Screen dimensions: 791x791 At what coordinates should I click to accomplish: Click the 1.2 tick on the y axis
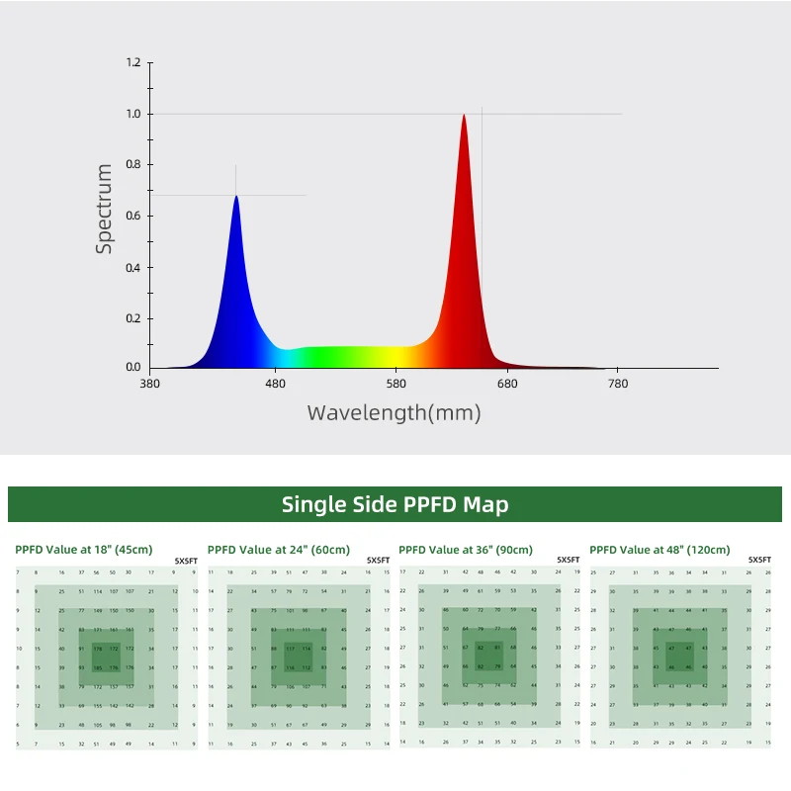pyautogui.click(x=133, y=63)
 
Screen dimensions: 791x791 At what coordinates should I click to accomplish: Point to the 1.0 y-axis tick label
pyautogui.click(x=133, y=114)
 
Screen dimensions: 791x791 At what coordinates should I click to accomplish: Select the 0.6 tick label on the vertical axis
pyautogui.click(x=133, y=216)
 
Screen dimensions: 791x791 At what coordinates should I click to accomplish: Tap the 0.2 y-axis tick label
pyautogui.click(x=133, y=317)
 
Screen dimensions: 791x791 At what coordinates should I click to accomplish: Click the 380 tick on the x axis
pyautogui.click(x=150, y=384)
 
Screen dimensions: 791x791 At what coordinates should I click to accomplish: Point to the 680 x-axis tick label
pyautogui.click(x=507, y=384)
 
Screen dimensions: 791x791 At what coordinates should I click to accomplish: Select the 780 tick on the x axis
pyautogui.click(x=618, y=384)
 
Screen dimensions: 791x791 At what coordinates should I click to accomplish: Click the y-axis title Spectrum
pyautogui.click(x=105, y=210)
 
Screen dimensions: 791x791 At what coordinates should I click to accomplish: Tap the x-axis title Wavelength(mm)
pyautogui.click(x=395, y=413)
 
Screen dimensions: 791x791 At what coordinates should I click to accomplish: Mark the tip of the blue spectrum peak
pyautogui.click(x=236, y=197)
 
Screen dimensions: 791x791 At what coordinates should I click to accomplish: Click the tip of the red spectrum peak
pyautogui.click(x=463, y=116)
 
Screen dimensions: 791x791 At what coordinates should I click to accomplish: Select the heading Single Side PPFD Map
pyautogui.click(x=395, y=504)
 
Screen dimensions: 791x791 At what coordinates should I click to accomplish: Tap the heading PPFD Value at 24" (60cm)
pyautogui.click(x=279, y=550)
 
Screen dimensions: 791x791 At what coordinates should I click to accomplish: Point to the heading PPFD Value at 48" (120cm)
pyautogui.click(x=659, y=550)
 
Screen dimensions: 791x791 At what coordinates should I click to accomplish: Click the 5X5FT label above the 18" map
pyautogui.click(x=186, y=560)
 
